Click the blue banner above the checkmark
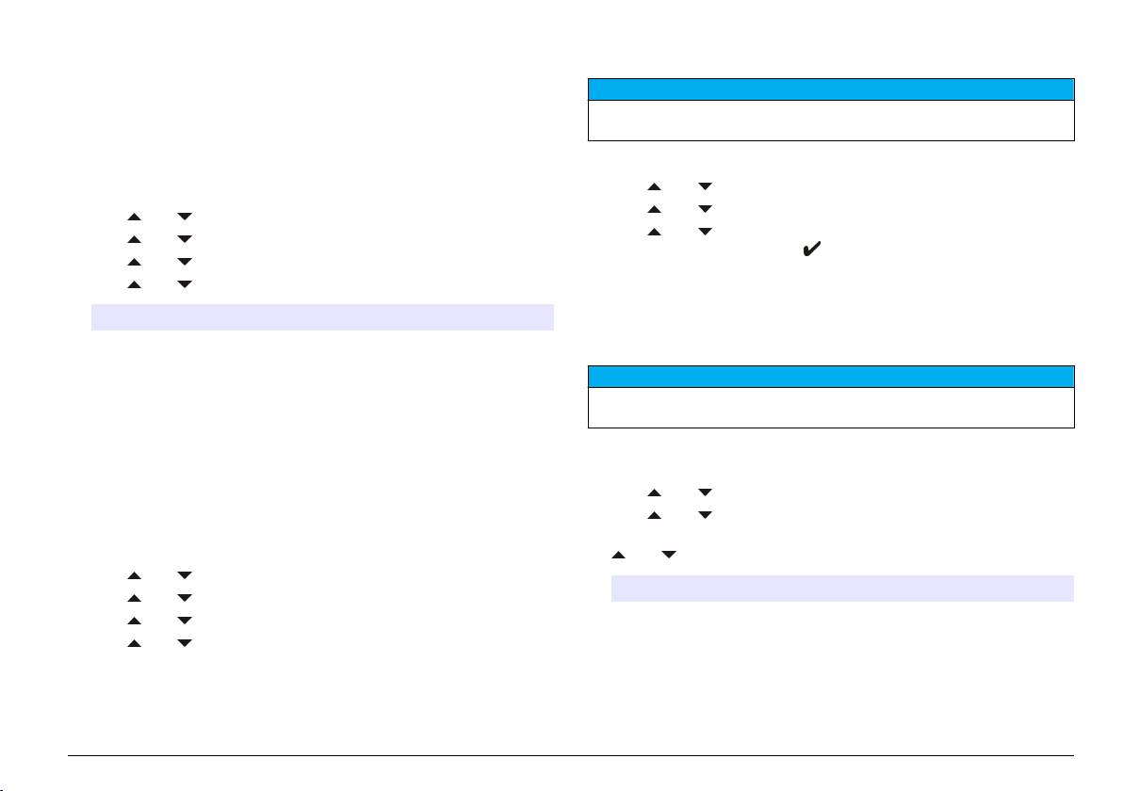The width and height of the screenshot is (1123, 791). (x=831, y=89)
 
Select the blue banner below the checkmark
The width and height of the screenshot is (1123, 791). (x=831, y=377)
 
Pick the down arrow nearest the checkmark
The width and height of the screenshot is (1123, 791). (x=704, y=231)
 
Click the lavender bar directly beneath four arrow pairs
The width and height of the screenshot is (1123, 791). (x=321, y=317)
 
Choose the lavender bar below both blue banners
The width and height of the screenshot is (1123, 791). (x=842, y=589)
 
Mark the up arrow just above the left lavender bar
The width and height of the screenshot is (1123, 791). (x=134, y=283)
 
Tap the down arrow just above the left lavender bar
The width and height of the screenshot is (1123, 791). (x=185, y=283)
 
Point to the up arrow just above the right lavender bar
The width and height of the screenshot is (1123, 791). (x=618, y=556)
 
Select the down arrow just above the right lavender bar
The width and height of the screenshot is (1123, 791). (x=668, y=556)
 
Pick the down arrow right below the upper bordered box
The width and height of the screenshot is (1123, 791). (x=704, y=187)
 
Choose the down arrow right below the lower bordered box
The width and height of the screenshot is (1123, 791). (x=704, y=492)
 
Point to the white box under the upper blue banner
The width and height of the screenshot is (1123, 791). (x=831, y=120)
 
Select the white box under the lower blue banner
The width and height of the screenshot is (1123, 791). (x=831, y=407)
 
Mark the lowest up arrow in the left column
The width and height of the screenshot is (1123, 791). (x=134, y=642)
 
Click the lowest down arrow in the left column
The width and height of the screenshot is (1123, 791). (x=185, y=642)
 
